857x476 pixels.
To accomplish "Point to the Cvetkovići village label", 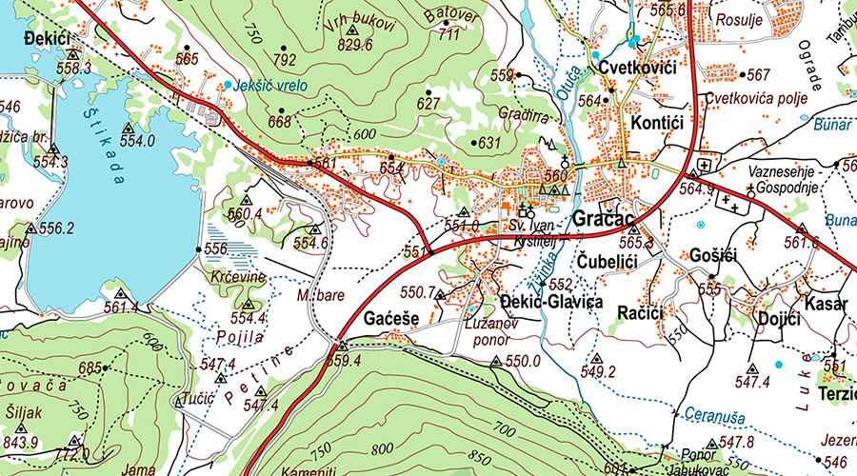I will point(637,69).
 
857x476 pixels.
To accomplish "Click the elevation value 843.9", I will point(20,443).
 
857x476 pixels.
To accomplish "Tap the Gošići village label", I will point(711,258).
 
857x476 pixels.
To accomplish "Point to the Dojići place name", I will point(778,320).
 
